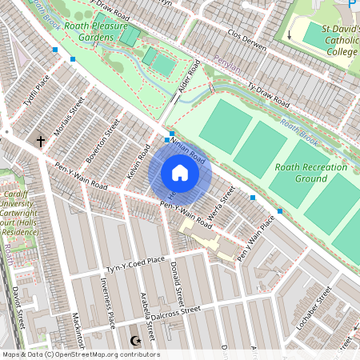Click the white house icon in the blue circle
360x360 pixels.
pos(180,173)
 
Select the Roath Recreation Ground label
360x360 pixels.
pos(311,173)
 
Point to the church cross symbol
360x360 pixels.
pos(40,141)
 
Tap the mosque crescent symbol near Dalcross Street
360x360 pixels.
pos(134,342)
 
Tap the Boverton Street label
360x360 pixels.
pos(102,138)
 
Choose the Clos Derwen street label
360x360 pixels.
pos(246,42)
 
